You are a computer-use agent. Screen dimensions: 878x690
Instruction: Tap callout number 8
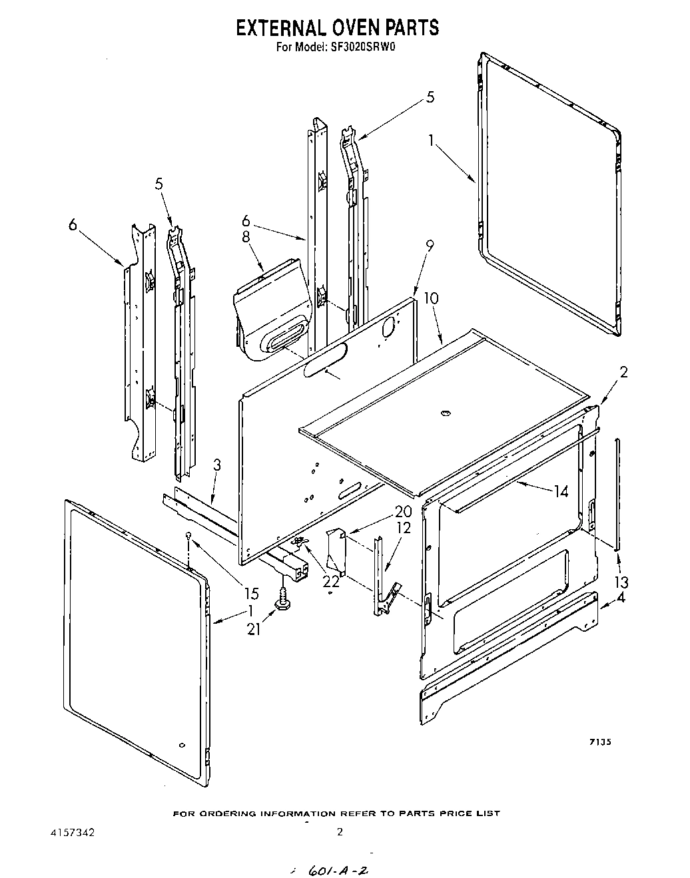(x=245, y=237)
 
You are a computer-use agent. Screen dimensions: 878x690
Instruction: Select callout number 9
(x=429, y=246)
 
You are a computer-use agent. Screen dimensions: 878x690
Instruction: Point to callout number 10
(x=431, y=298)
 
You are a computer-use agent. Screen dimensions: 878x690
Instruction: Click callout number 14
(x=560, y=491)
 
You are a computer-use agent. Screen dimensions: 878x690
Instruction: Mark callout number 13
(x=622, y=582)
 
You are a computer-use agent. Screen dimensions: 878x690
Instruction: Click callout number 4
(x=621, y=597)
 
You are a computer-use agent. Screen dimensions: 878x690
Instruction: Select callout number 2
(x=623, y=373)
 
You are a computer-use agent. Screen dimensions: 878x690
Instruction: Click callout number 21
(x=254, y=628)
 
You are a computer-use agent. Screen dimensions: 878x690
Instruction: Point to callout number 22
(x=331, y=580)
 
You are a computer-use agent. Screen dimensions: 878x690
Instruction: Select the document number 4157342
(x=73, y=831)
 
